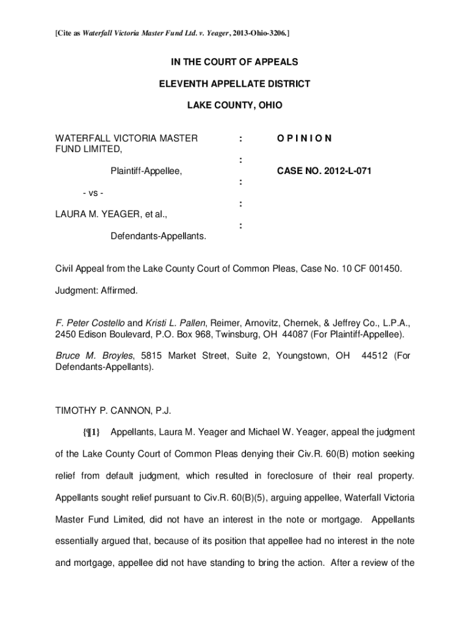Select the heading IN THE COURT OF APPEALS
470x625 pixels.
pyautogui.click(x=234, y=62)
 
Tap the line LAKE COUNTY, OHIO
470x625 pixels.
pyautogui.click(x=234, y=105)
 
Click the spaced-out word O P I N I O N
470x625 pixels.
pyautogui.click(x=304, y=139)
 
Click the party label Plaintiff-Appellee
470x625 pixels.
pyautogui.click(x=146, y=172)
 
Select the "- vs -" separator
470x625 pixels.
pyautogui.click(x=92, y=193)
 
